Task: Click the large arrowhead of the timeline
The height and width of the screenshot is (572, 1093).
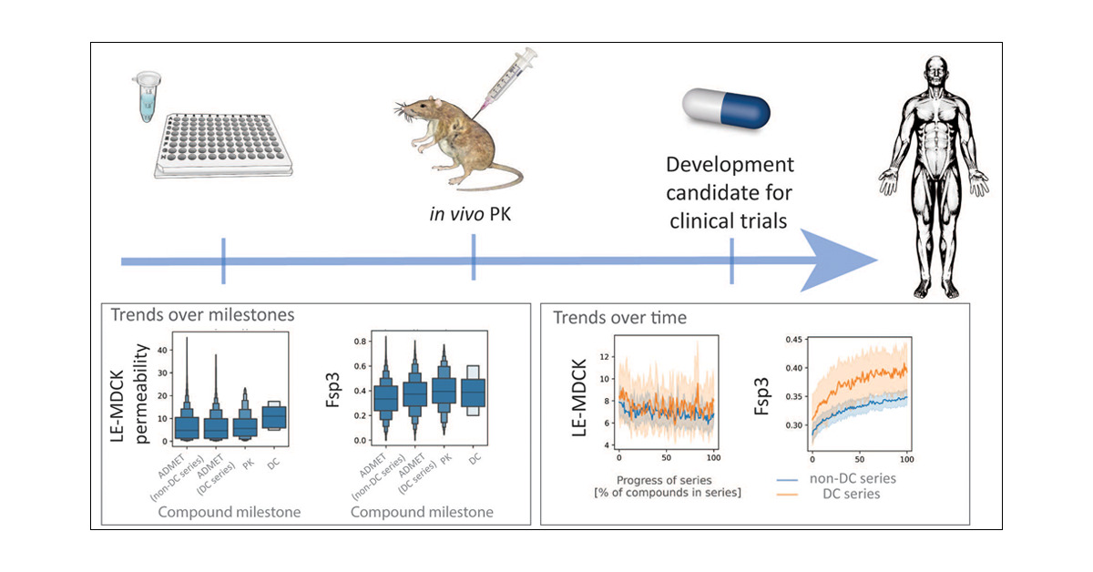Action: tap(838, 261)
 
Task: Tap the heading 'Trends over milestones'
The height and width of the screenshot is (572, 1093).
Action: tap(203, 315)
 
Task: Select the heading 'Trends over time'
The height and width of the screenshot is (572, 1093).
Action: tap(619, 318)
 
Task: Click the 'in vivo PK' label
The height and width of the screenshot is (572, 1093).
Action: tap(473, 215)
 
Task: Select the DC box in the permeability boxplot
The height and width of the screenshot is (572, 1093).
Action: tap(273, 416)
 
